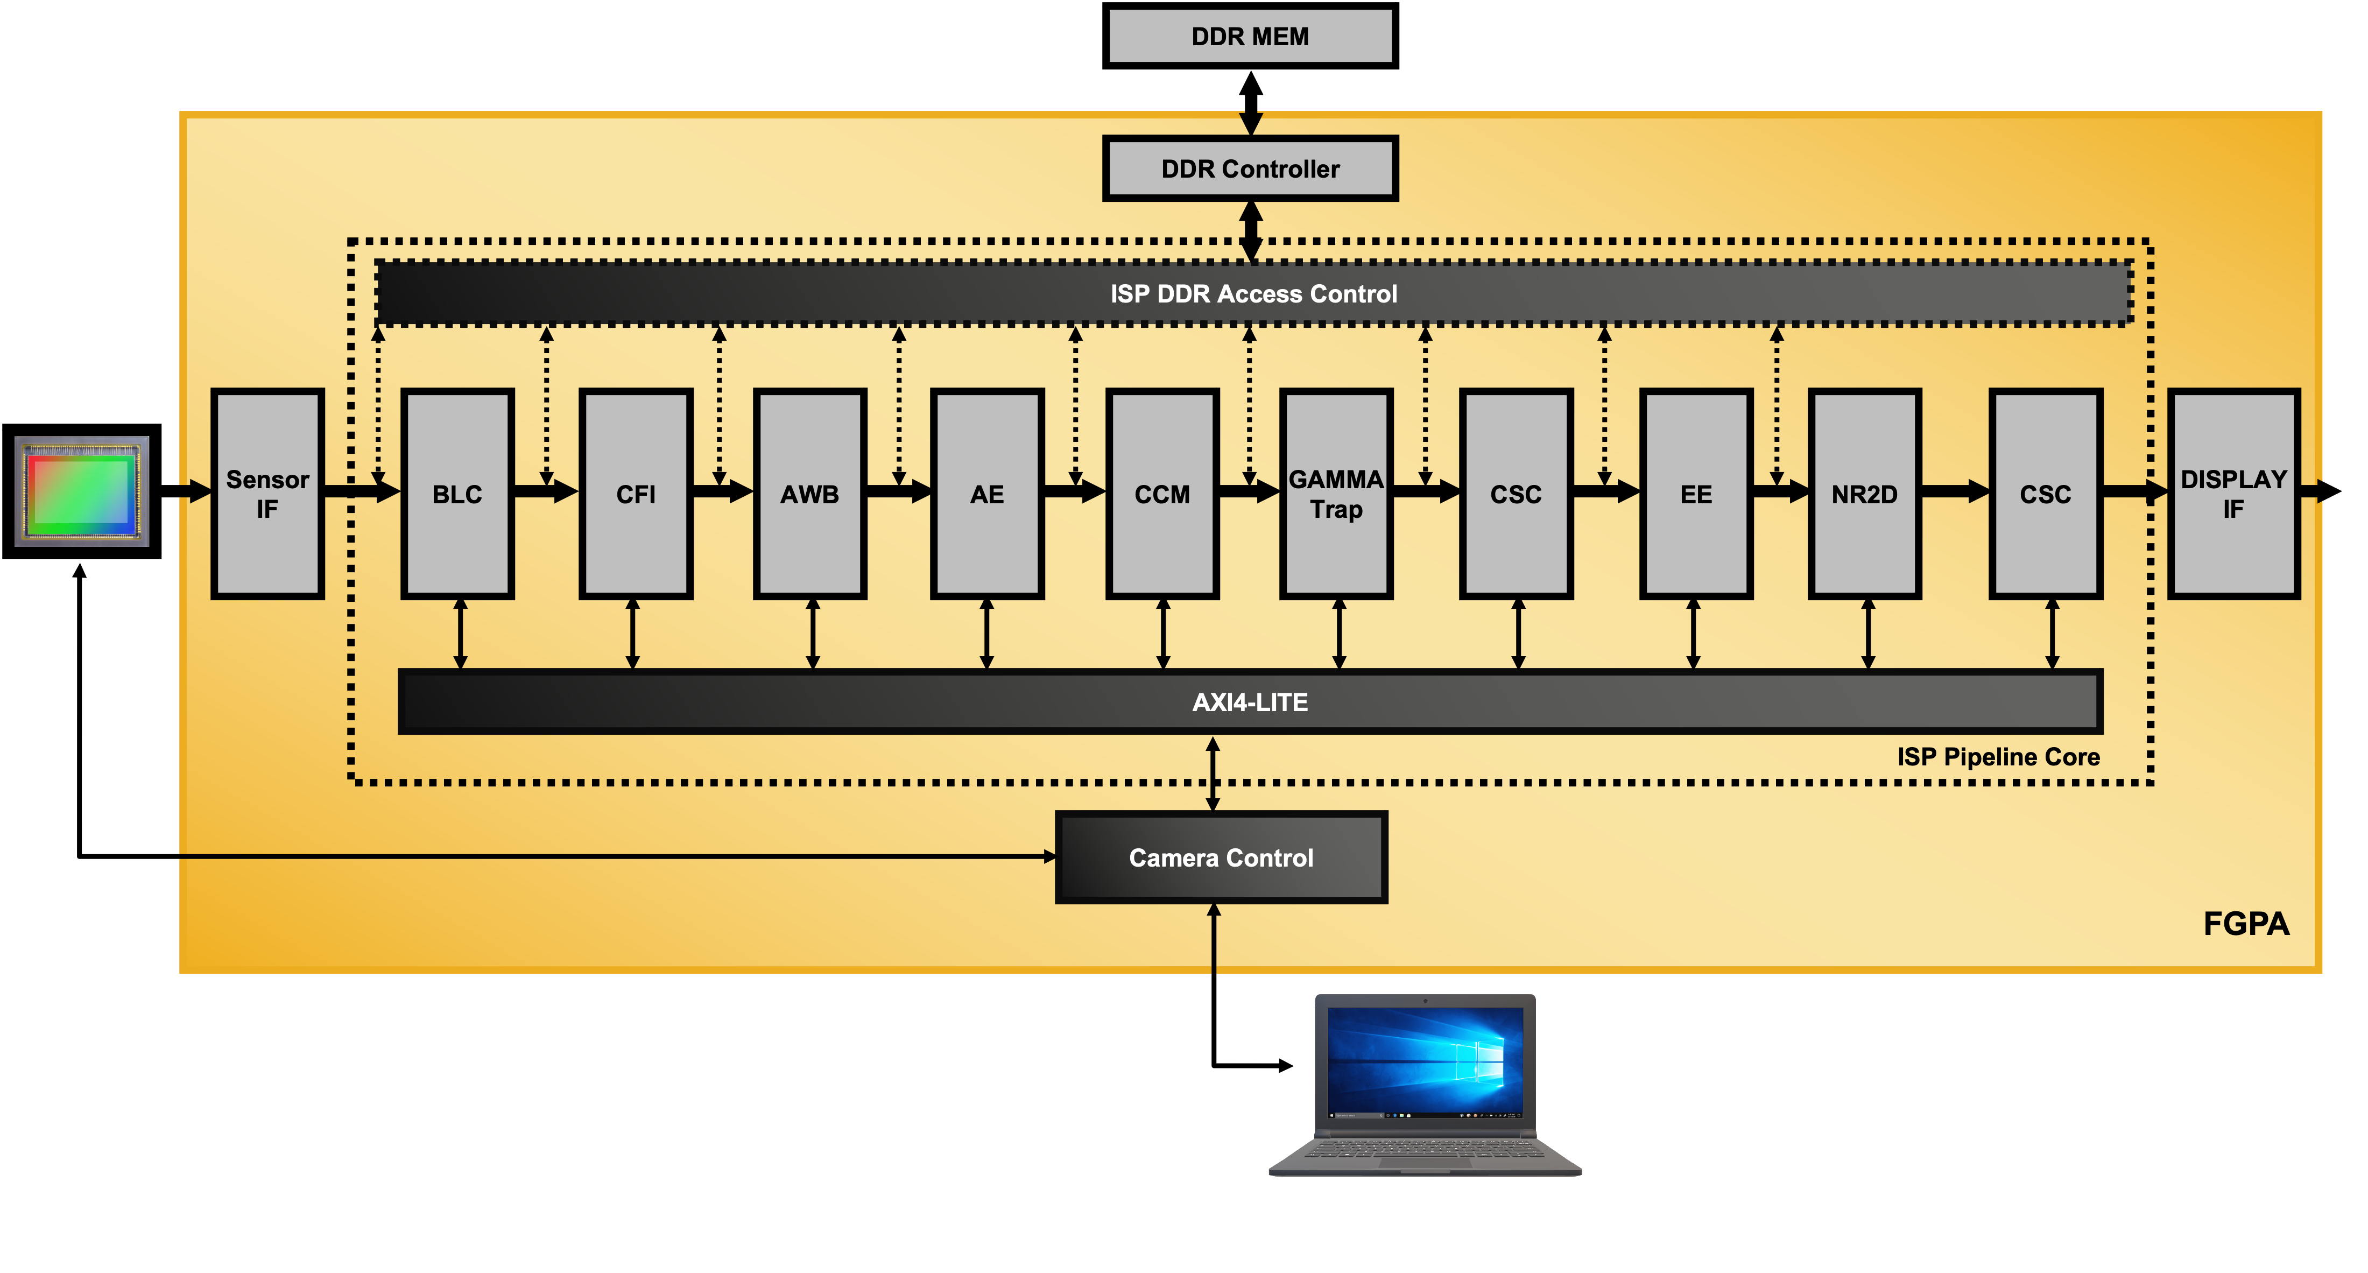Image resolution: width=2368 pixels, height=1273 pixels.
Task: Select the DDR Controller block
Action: click(1250, 169)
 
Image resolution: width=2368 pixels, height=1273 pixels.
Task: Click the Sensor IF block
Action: click(267, 495)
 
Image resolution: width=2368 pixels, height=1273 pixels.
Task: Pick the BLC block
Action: click(457, 495)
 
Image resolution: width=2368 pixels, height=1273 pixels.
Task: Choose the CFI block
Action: click(635, 495)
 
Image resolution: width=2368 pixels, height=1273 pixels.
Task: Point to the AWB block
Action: click(810, 495)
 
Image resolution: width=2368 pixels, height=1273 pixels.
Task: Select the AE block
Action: click(986, 495)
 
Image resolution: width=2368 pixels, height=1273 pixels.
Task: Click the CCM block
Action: click(1162, 495)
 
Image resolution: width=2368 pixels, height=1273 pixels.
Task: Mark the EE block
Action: click(1696, 495)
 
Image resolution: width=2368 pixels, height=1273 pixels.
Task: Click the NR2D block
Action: click(1864, 495)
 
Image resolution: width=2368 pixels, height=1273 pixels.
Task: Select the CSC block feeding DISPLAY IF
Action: click(2045, 495)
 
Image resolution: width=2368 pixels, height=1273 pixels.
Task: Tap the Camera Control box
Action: click(1221, 857)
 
